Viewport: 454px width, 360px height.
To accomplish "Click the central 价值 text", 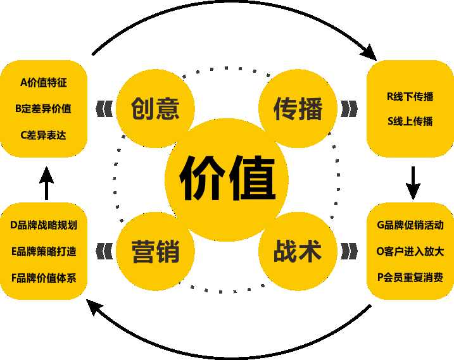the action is tap(227, 178).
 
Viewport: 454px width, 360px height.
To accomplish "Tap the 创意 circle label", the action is tap(155, 109).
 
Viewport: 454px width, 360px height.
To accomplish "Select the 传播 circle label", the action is tap(298, 109).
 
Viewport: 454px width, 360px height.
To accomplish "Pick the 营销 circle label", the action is tap(156, 251).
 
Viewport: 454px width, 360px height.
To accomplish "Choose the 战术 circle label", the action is tap(298, 251).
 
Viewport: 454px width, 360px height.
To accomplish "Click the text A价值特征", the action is tap(44, 82).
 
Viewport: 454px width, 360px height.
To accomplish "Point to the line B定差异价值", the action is tap(43, 109).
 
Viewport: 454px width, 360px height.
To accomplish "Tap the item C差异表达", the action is tap(44, 135).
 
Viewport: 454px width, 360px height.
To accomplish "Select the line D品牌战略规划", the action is tap(44, 225).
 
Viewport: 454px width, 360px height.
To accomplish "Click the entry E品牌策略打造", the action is tap(44, 251).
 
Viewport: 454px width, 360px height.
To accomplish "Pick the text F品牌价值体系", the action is tap(44, 278).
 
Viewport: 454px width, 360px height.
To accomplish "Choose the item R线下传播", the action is tap(410, 96).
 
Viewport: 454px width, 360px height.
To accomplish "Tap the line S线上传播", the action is tap(410, 121).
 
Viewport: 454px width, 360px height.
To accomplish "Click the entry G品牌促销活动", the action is tap(410, 225).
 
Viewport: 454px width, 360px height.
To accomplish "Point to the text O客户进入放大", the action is tap(410, 251).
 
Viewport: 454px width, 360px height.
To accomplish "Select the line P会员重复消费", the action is tap(410, 277).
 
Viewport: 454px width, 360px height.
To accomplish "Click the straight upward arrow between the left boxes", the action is tap(47, 183).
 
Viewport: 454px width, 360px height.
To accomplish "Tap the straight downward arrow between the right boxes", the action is tap(413, 183).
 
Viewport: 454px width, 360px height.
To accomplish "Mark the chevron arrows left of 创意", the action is tap(104, 109).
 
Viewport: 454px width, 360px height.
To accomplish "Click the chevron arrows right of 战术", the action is tap(349, 251).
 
